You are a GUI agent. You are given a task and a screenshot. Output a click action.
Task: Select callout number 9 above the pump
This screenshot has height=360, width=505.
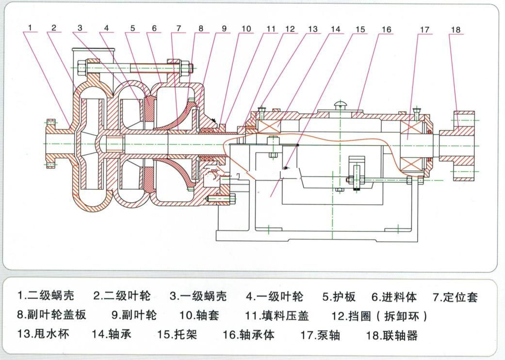pyautogui.click(x=224, y=29)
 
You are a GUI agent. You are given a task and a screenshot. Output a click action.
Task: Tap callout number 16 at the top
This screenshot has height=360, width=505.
pyautogui.click(x=386, y=30)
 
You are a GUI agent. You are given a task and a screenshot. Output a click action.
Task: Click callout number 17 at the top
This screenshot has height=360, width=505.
pyautogui.click(x=424, y=30)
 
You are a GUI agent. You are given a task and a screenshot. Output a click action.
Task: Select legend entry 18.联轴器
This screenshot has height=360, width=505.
pyautogui.click(x=392, y=335)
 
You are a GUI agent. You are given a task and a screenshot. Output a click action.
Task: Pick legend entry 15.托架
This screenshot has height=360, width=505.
pyautogui.click(x=178, y=334)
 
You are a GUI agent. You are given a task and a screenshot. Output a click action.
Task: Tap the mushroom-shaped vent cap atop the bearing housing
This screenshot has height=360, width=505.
pyautogui.click(x=341, y=104)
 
